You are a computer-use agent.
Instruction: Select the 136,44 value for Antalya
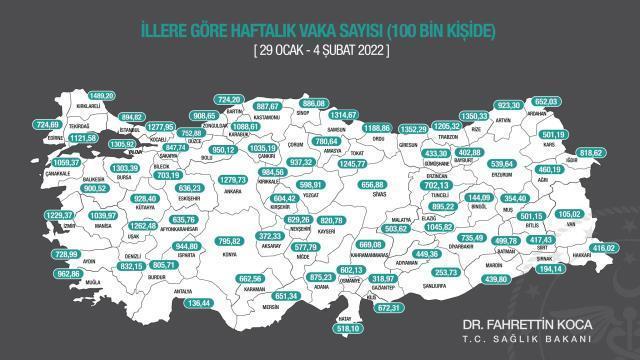pyautogui.click(x=200, y=302)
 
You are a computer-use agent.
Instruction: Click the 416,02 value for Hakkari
pyautogui.click(x=604, y=246)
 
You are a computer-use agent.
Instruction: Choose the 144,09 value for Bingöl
pyautogui.click(x=478, y=197)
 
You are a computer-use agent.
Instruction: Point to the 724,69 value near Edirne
pyautogui.click(x=47, y=125)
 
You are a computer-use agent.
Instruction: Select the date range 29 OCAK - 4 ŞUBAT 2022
pyautogui.click(x=319, y=47)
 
